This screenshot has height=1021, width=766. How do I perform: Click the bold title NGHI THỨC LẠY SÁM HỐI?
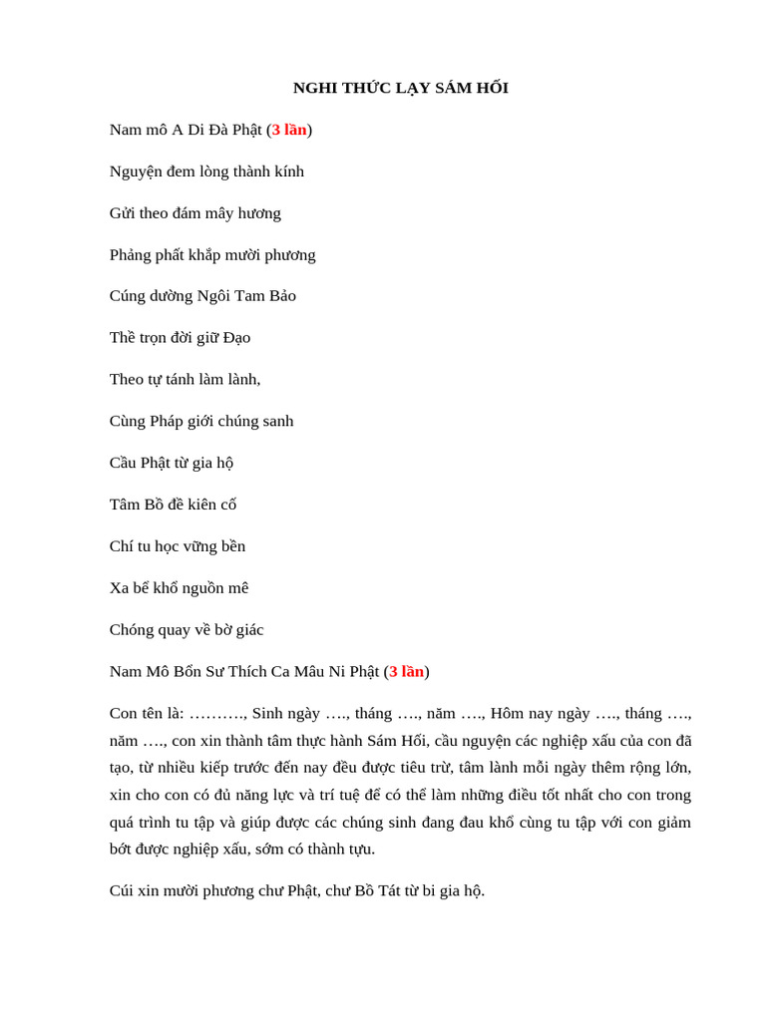400,88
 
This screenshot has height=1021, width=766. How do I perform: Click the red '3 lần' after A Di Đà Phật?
289,130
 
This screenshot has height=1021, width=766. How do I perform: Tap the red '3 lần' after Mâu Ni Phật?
407,671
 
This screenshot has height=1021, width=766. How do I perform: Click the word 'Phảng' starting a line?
131,255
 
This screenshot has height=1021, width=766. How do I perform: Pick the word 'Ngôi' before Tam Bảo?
213,296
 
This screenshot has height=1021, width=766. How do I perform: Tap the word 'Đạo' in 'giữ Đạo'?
236,338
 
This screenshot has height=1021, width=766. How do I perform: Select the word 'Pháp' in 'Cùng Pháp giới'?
168,422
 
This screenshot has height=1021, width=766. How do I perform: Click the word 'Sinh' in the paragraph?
268,714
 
